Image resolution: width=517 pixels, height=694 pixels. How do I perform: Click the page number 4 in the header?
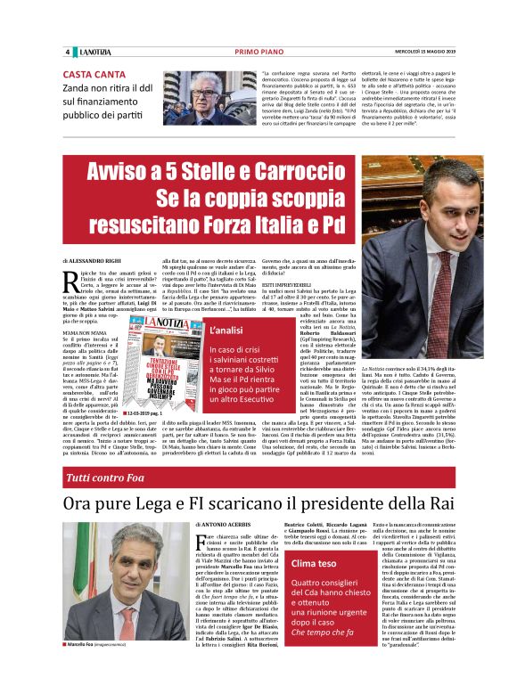pos(67,51)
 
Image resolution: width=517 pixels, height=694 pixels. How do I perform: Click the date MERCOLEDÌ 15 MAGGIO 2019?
pos(419,51)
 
